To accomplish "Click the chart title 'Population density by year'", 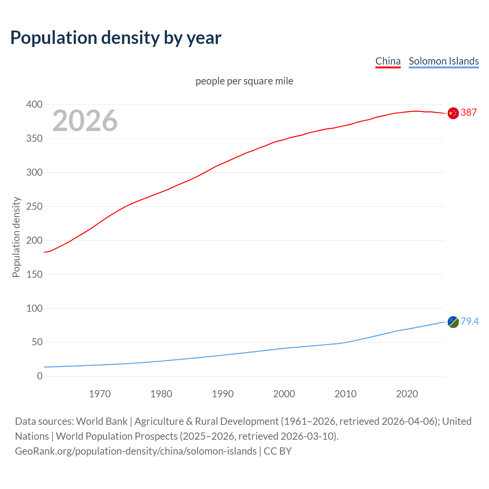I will pos(116,37).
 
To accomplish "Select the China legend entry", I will pos(388,61).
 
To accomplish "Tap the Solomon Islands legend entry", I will pos(444,61).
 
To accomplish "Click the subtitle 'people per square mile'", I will pos(244,81).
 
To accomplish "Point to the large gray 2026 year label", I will pos(85,121).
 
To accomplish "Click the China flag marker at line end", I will pos(453,113).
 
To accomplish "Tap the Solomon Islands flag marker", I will pos(453,322).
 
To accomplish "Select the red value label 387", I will pos(469,112).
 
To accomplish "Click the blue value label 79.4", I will pos(470,321).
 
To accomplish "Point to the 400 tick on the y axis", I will pos(34,104).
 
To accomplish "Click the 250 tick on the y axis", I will pos(34,206).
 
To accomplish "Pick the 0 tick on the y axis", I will pos(40,376).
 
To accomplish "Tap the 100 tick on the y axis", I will pos(34,308).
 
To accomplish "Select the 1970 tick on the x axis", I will pos(100,393).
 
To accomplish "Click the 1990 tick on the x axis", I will pos(223,393).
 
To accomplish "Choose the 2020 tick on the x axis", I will pos(407,393).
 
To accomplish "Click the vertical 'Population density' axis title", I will pos(16,237).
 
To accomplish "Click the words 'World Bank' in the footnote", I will pos(102,421).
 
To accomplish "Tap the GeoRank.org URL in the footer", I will pos(136,451).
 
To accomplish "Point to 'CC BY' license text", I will pos(278,451).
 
